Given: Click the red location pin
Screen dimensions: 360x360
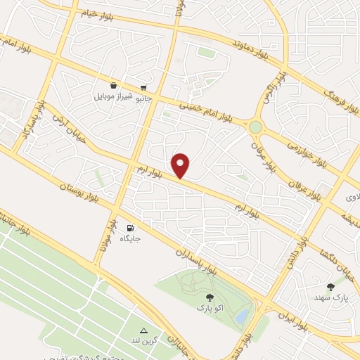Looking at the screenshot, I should (x=181, y=165).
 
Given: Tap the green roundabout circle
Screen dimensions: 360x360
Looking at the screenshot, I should (x=255, y=127).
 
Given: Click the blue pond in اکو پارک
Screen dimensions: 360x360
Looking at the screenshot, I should (x=242, y=317).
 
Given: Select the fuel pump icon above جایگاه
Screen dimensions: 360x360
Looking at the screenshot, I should (x=130, y=228).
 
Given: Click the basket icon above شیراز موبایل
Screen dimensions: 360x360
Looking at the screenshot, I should (x=114, y=84).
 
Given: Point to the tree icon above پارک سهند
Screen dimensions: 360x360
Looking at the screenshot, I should (x=330, y=287).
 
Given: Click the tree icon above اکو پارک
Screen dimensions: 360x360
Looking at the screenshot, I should (x=209, y=298).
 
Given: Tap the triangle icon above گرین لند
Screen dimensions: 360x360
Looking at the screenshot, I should (x=143, y=330).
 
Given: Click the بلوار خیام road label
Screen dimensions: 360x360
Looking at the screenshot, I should (x=97, y=13).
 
